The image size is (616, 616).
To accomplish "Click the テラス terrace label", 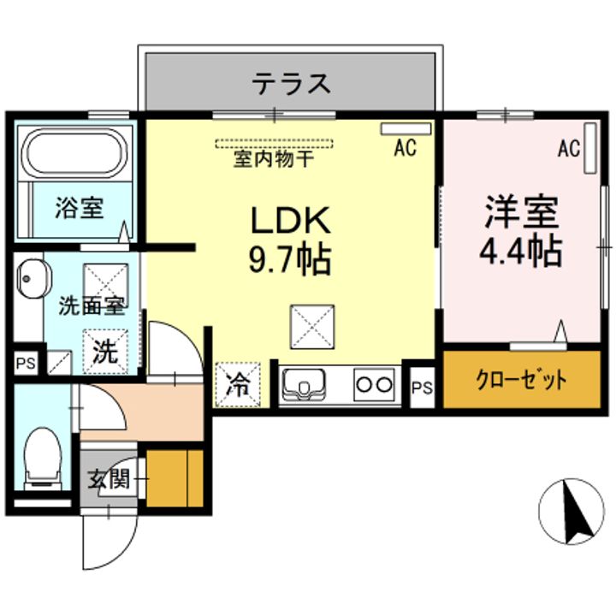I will point(290,85).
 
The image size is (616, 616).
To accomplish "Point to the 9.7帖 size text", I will point(289,260).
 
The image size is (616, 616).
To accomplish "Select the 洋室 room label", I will point(522,212).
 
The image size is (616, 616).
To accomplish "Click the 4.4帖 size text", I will point(523,252).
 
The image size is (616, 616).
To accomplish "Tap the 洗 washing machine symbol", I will point(104,351).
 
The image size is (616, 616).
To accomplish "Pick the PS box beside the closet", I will point(422,388).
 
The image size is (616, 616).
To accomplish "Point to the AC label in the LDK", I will point(405,149).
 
